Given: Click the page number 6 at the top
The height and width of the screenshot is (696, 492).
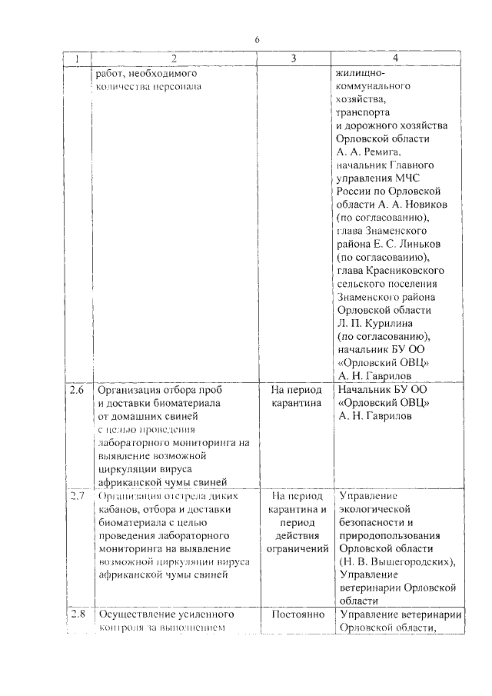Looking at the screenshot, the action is (258, 40).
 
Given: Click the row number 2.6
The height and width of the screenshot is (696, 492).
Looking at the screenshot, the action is (76, 390).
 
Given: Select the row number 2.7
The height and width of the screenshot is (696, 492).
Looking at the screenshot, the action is (76, 496).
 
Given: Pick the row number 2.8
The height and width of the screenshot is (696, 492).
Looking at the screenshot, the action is (76, 614).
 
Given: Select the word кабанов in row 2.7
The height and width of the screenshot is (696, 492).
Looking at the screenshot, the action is (114, 508).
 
